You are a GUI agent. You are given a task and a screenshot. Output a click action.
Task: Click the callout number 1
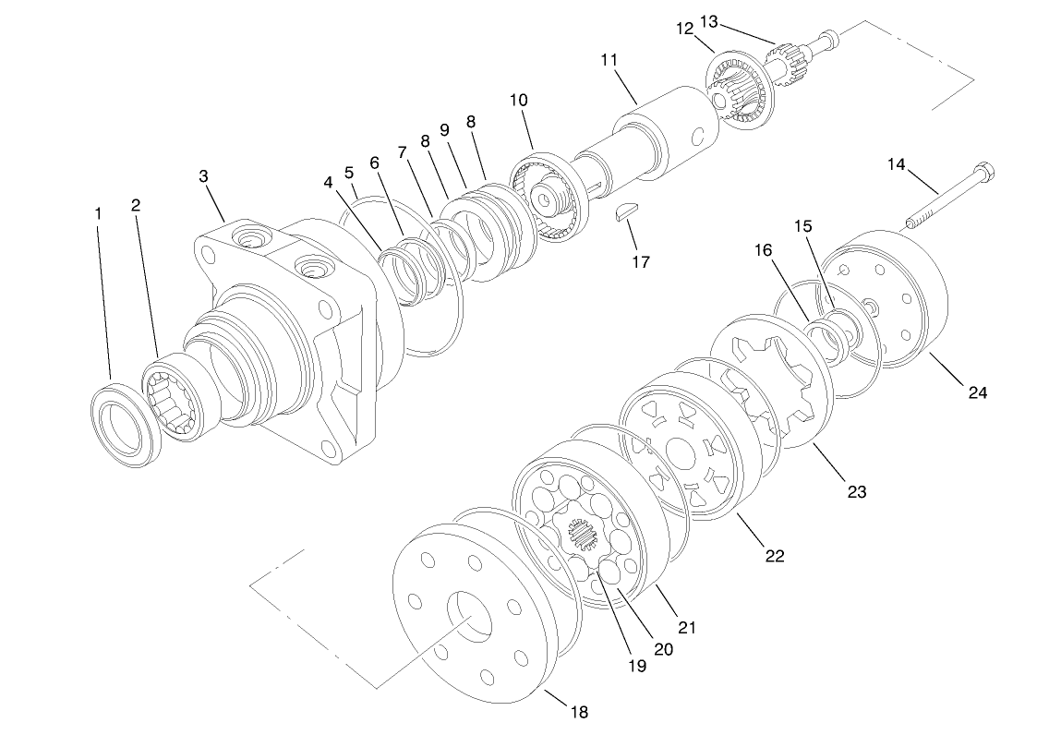point(98,213)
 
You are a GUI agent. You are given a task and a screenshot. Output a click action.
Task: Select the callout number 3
point(203,175)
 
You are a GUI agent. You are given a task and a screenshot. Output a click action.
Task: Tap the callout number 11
point(609,60)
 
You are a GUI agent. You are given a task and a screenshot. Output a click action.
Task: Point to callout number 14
point(897,164)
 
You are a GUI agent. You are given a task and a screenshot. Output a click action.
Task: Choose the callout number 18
point(579,712)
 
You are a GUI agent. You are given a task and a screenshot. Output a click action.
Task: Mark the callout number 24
point(977,392)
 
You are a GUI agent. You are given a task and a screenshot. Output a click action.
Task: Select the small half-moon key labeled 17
point(628,213)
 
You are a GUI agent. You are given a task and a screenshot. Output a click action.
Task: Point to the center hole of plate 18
point(472,618)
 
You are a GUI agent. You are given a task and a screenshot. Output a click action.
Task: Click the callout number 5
point(349,173)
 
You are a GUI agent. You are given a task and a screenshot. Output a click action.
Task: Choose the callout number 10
point(517,99)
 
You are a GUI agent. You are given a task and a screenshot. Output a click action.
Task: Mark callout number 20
point(663,648)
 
